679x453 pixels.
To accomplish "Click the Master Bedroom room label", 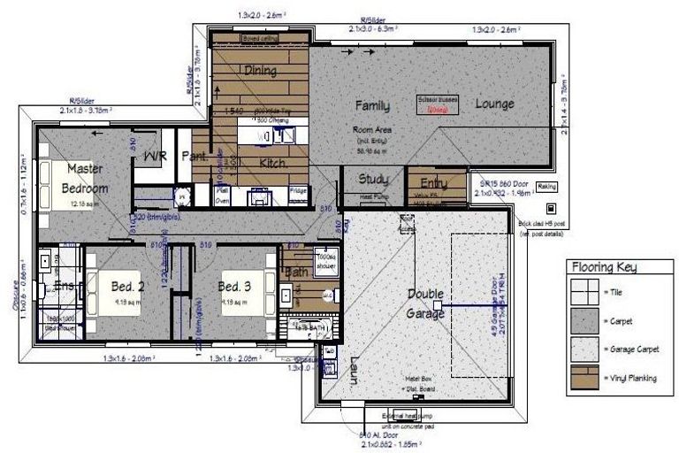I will coord(86,177).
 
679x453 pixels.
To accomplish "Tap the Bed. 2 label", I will coord(127,287).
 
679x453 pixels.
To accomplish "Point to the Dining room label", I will coord(260,71).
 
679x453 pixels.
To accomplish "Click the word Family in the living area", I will coord(372,105).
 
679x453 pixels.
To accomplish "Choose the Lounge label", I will coord(494,104).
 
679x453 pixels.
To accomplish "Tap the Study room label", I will coord(373,180).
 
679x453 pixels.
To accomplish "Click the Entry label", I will coord(428,183).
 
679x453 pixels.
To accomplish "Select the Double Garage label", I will coord(425,303).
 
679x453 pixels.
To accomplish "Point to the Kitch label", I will coord(271,163).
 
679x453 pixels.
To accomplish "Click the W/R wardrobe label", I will coord(156,157).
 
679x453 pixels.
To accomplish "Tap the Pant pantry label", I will coord(193,157).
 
